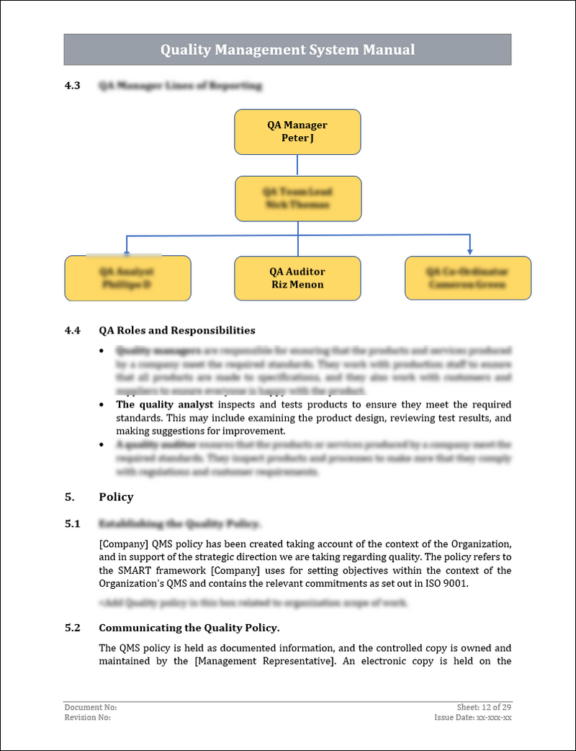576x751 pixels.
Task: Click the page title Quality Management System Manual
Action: click(x=287, y=50)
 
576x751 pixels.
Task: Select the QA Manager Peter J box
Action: click(x=297, y=132)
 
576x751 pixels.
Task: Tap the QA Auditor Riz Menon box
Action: click(x=297, y=278)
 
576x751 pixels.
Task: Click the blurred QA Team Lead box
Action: click(x=297, y=198)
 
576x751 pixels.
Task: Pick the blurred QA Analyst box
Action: click(x=127, y=278)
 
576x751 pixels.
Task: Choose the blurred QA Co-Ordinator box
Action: click(x=467, y=278)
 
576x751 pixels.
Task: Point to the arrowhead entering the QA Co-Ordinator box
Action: click(x=469, y=251)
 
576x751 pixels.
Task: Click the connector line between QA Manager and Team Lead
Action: click(x=297, y=165)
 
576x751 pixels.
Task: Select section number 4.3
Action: click(x=72, y=86)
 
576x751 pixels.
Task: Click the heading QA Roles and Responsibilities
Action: click(x=176, y=330)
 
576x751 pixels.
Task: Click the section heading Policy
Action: click(x=116, y=497)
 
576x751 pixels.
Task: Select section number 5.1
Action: click(x=72, y=524)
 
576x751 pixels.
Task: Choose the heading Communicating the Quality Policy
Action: click(x=189, y=628)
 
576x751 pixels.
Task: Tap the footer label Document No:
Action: click(x=91, y=707)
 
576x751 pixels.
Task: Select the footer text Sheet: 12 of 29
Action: click(x=484, y=707)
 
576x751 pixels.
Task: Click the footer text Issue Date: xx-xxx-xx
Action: click(x=473, y=717)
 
